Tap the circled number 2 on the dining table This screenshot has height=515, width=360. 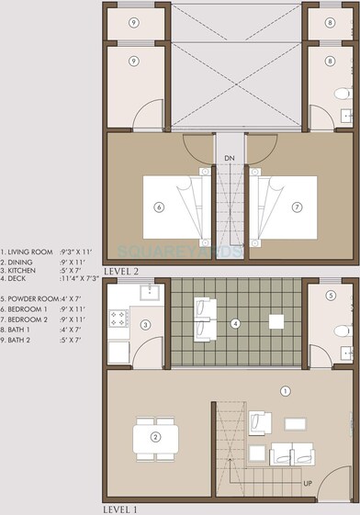pos(157,436)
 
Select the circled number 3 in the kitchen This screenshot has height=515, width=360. pos(145,324)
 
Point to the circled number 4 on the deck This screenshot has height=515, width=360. pos(235,323)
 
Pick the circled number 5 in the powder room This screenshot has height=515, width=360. pos(331,296)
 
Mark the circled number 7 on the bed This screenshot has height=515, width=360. pos(297,207)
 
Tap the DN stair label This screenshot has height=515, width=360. pos(230,158)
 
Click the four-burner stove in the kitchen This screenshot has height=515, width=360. pos(119,319)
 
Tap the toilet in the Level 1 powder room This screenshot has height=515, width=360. pos(342,330)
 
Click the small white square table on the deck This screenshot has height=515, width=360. pos(275,322)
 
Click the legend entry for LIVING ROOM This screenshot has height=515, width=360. pos(29,251)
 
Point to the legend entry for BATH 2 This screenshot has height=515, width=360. pos(24,339)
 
